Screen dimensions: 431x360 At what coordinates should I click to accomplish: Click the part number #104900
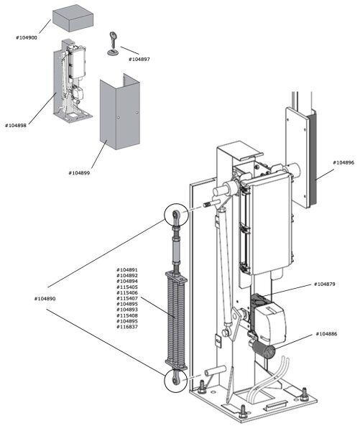tap(29, 36)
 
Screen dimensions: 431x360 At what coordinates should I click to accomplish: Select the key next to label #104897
tap(112, 43)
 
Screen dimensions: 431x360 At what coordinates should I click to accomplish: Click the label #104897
tap(140, 59)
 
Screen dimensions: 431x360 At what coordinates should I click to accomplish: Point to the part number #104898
tap(17, 125)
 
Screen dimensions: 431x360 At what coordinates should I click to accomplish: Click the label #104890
tap(45, 297)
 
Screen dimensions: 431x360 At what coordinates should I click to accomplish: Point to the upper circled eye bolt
tap(177, 214)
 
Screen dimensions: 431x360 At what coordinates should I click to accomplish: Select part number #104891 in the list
tap(127, 270)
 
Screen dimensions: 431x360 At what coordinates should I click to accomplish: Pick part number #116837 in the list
tap(127, 327)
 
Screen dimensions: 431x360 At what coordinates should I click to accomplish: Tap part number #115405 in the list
tap(127, 287)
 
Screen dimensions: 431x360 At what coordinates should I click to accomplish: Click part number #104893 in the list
tap(127, 310)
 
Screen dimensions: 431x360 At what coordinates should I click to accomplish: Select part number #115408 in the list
tap(127, 315)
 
